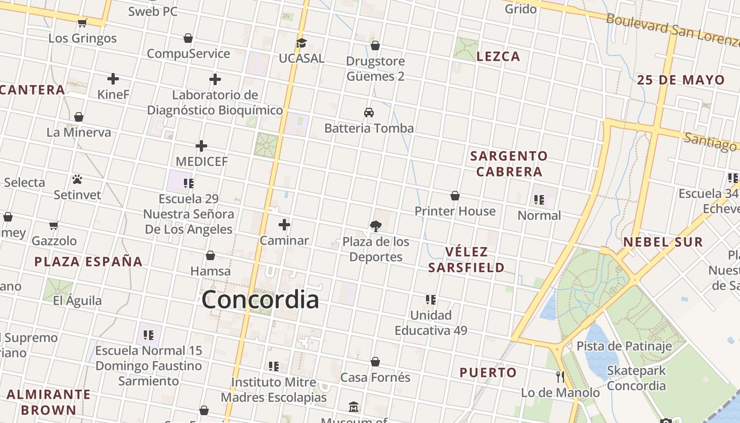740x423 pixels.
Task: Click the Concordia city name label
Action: (260, 300)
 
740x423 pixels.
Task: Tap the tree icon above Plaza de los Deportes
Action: (376, 226)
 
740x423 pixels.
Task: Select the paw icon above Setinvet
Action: (77, 179)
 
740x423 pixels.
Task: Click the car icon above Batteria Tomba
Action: (369, 113)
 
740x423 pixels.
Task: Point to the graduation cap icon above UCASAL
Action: (301, 43)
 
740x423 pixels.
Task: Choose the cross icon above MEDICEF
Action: (201, 146)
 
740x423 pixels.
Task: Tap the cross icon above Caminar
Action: (284, 225)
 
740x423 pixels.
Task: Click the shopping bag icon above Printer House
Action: (455, 196)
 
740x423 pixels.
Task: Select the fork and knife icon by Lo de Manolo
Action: (560, 377)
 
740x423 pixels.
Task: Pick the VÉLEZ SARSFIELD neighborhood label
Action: (466, 260)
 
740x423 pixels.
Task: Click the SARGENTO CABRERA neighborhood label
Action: (509, 164)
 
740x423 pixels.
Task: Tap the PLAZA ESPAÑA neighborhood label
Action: (88, 261)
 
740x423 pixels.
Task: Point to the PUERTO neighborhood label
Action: (488, 373)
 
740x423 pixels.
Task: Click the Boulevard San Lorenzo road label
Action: (671, 27)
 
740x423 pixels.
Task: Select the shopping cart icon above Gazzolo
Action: (53, 226)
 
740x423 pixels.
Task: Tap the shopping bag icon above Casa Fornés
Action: (375, 362)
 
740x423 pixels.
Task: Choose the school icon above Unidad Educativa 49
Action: (431, 300)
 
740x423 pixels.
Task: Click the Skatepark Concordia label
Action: (636, 378)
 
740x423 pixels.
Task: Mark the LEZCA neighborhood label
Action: (498, 57)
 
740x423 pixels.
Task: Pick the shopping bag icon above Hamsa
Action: (210, 256)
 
